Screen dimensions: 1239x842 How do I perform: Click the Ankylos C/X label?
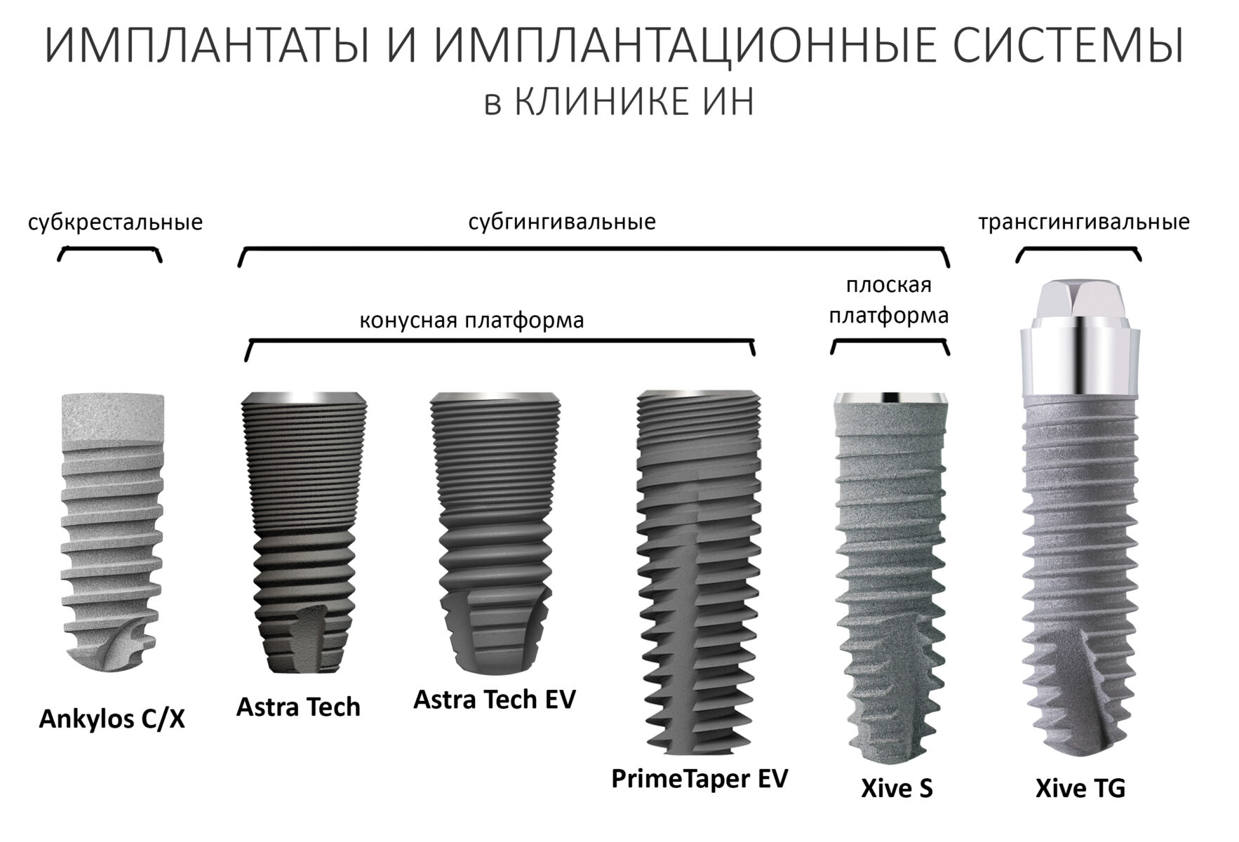click(112, 720)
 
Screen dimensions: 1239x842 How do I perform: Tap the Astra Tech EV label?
click(494, 700)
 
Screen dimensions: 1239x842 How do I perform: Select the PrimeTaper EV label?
click(699, 779)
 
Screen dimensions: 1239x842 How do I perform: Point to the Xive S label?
click(897, 789)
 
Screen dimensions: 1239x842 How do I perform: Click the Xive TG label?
click(1080, 789)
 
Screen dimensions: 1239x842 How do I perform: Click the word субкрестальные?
click(115, 223)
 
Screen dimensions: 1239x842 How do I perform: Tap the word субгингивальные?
click(562, 223)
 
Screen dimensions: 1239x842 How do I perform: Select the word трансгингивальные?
click(1084, 222)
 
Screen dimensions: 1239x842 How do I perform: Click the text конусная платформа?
click(471, 321)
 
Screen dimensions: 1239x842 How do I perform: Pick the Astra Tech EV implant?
click(495, 533)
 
